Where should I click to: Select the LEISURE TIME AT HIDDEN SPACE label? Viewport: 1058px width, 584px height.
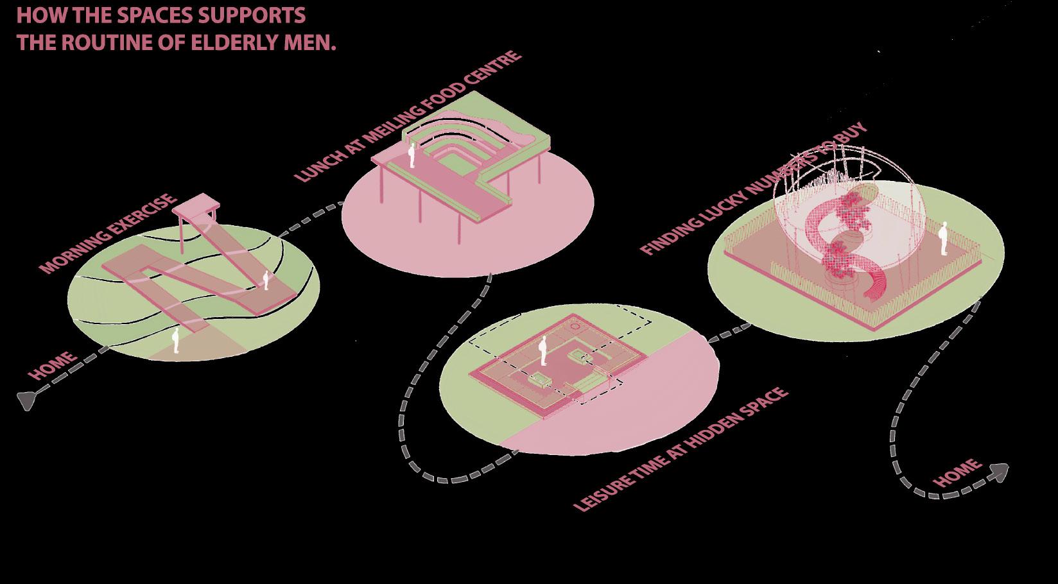681,450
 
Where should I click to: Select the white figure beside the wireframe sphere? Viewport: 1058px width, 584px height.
943,239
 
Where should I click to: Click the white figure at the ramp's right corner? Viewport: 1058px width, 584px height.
265,280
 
